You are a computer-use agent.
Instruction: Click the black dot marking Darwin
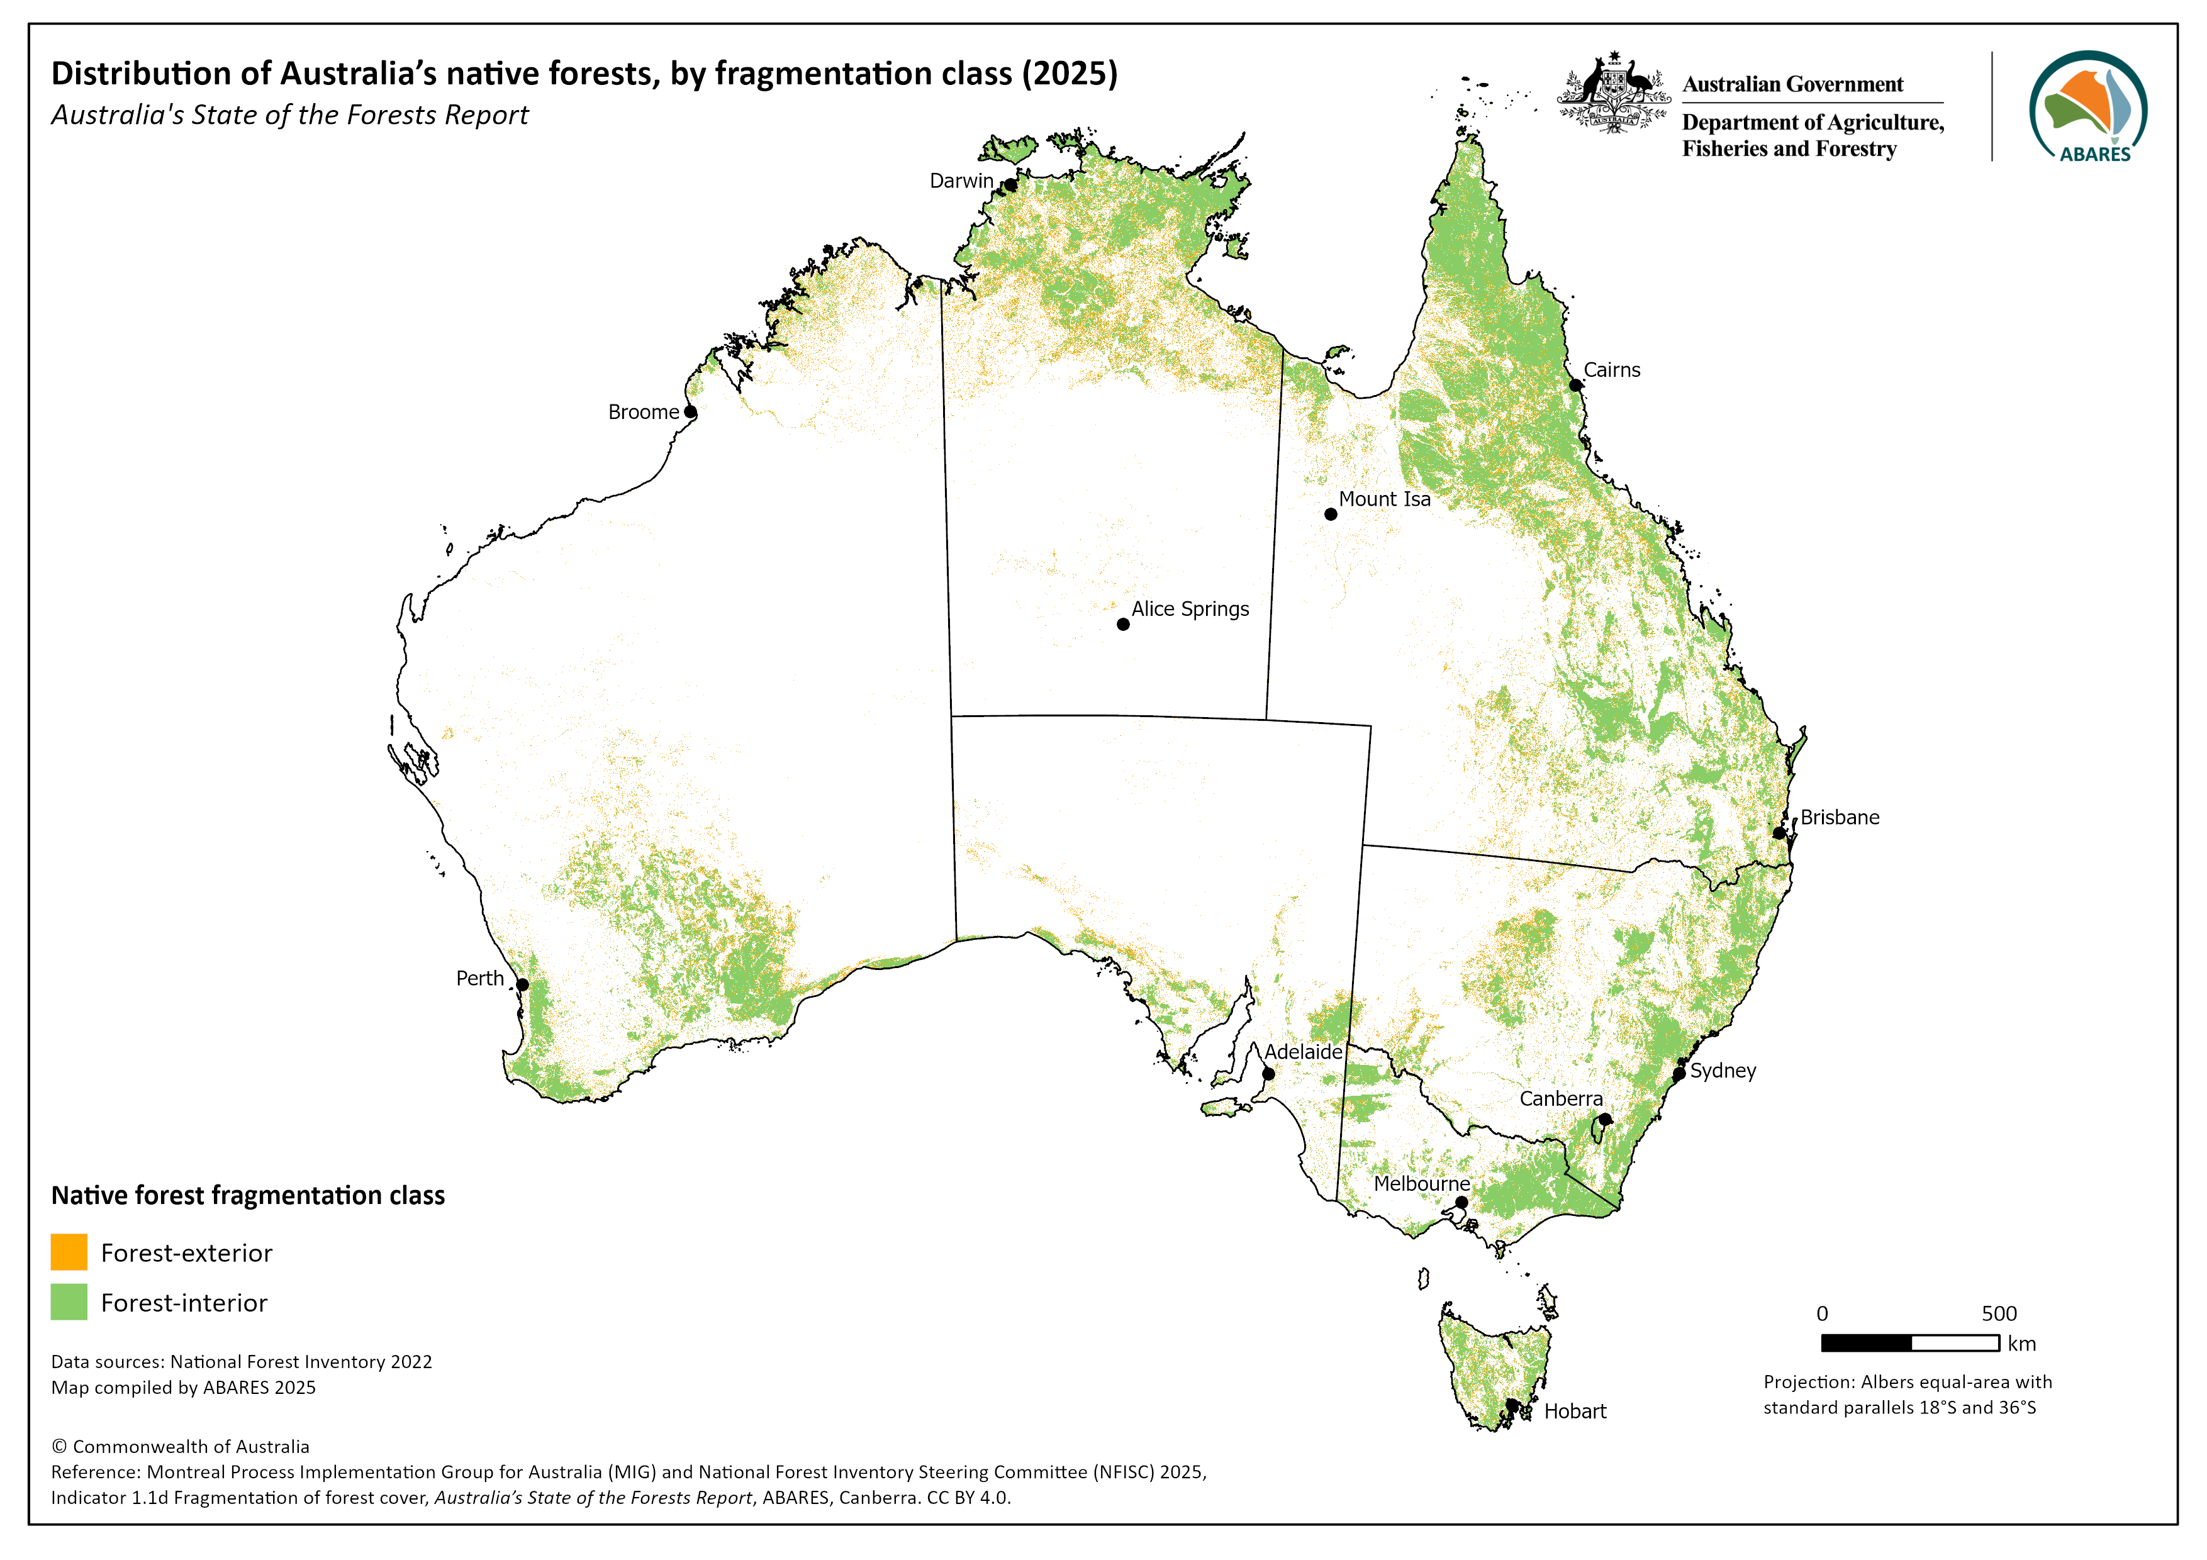coord(1010,184)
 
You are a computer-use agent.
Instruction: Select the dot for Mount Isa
coord(1331,514)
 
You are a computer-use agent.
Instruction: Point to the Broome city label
coord(643,413)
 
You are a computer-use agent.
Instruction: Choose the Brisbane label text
coord(1839,818)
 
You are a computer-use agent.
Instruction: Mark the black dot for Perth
coord(523,985)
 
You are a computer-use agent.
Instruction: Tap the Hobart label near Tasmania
coord(1575,1412)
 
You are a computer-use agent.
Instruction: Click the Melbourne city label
coord(1421,1184)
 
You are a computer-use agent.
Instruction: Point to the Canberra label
coord(1560,1100)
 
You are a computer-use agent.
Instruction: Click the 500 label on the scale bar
coord(1998,1314)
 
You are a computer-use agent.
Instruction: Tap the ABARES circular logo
coord(2088,107)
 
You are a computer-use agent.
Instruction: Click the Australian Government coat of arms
coord(1614,92)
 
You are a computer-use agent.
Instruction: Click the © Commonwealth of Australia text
coord(181,1447)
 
